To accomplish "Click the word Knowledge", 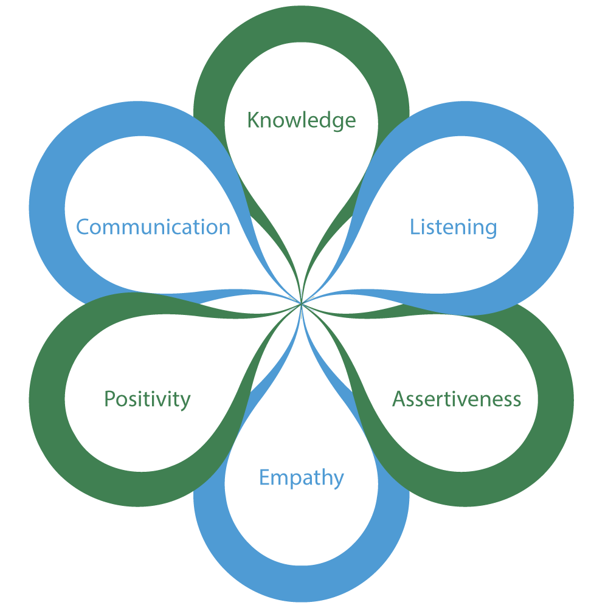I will click(x=301, y=120).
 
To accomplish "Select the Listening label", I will click(x=453, y=227).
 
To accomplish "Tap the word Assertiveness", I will click(x=457, y=399).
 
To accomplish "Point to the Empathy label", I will click(x=302, y=478).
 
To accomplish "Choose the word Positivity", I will click(x=147, y=399).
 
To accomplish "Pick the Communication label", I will click(x=153, y=227).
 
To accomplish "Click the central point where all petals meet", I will click(x=302, y=302).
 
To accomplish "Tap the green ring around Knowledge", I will click(x=301, y=27).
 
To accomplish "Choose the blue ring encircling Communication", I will click(x=47, y=207).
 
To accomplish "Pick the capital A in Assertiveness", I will click(x=399, y=399).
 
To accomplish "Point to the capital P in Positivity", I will click(x=110, y=399).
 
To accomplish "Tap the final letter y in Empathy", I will click(x=338, y=480).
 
